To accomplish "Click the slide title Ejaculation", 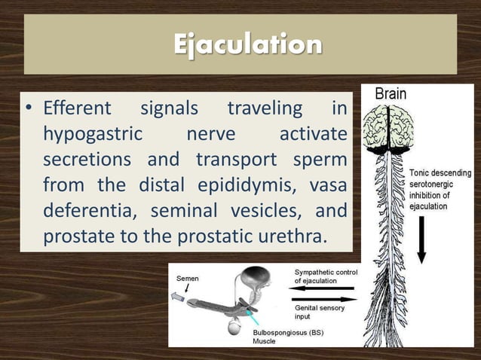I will click(247, 44).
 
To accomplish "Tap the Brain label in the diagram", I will click(390, 94).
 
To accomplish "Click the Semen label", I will click(188, 278).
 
